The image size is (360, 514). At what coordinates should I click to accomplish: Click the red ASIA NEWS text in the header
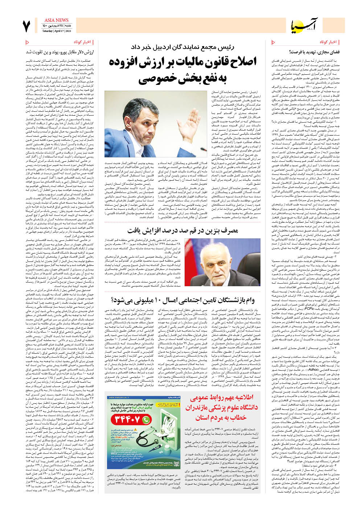coord(56,20)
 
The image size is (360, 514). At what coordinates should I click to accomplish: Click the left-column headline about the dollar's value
coord(60,52)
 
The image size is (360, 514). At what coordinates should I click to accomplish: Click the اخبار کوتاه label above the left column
coord(82,42)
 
